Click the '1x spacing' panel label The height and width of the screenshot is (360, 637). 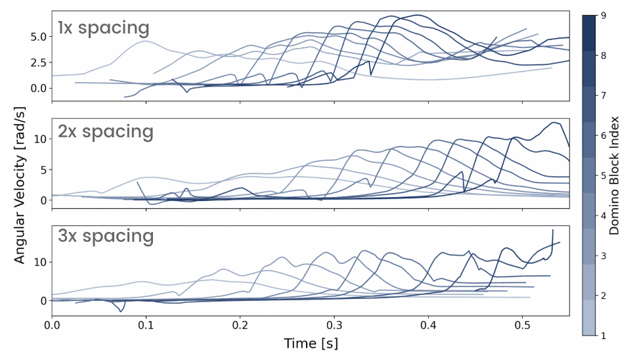(x=103, y=28)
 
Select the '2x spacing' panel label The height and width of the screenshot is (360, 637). (x=105, y=131)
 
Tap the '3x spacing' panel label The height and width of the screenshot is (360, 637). (x=105, y=236)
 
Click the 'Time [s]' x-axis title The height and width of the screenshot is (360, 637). (x=311, y=344)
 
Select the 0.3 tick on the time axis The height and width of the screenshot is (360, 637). (x=334, y=325)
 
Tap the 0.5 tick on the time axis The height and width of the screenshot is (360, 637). (x=522, y=325)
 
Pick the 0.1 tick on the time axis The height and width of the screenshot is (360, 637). (x=146, y=325)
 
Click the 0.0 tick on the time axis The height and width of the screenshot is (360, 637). (x=52, y=325)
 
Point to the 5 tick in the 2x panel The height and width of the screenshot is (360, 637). (x=42, y=169)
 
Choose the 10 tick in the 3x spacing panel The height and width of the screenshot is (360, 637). (x=39, y=261)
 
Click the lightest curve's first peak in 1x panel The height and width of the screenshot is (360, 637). (x=145, y=41)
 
